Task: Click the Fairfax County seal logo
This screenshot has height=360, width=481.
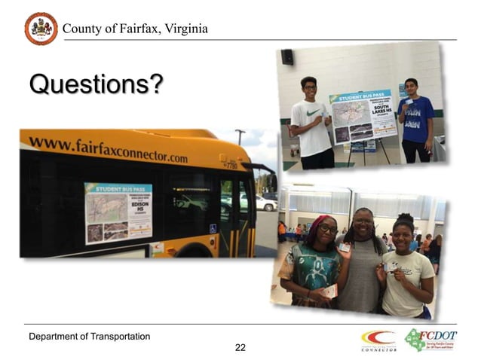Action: click(41, 29)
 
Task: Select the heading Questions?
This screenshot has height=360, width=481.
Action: click(96, 85)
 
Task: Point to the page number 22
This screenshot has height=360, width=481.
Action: click(240, 347)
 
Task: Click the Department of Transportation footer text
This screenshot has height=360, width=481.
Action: click(89, 335)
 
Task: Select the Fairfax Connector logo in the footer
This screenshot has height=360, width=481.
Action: click(378, 340)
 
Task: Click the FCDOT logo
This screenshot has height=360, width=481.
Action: click(430, 340)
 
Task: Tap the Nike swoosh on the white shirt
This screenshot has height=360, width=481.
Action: click(311, 112)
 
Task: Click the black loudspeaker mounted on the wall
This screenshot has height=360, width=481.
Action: click(286, 56)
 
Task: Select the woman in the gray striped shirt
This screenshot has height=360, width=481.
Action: click(361, 260)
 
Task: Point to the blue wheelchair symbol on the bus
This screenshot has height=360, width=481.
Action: click(213, 228)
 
